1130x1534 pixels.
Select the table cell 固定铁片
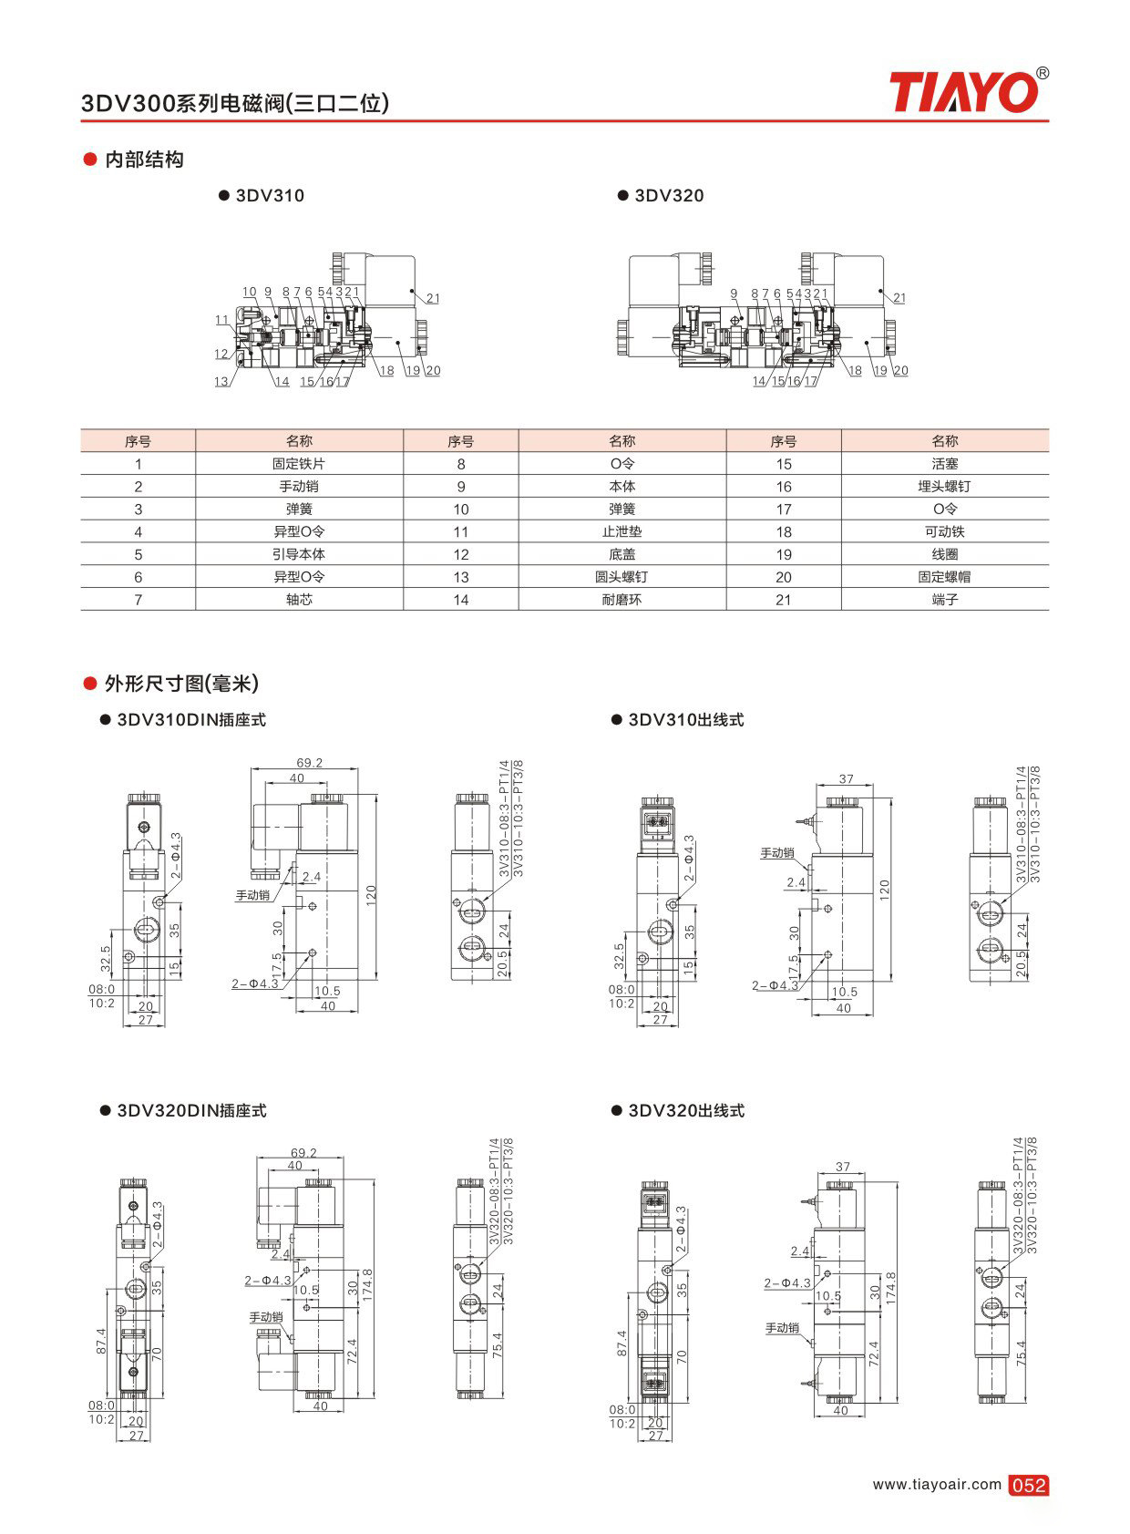pyautogui.click(x=299, y=464)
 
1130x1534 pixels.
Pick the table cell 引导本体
pyautogui.click(x=299, y=554)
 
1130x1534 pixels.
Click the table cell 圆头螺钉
pyautogui.click(x=621, y=577)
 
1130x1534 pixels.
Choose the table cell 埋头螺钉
pyautogui.click(x=944, y=486)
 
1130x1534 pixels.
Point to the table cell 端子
pyautogui.click(x=944, y=599)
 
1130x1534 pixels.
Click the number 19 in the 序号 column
pyautogui.click(x=784, y=555)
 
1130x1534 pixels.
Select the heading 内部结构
pyautogui.click(x=144, y=160)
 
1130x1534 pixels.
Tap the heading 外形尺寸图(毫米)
pyautogui.click(x=181, y=683)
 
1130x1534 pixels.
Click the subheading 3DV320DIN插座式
pyautogui.click(x=191, y=1111)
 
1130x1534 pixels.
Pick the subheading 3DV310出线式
pyautogui.click(x=685, y=720)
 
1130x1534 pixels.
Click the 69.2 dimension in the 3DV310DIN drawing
pyautogui.click(x=310, y=762)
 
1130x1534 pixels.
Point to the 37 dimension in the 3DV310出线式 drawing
pyautogui.click(x=847, y=778)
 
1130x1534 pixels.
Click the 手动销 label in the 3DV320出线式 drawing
pyautogui.click(x=782, y=1328)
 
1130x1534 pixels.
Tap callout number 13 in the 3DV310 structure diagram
pyautogui.click(x=221, y=381)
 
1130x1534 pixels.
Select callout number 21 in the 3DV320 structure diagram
pyautogui.click(x=899, y=298)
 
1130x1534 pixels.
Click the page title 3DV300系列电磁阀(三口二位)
pyautogui.click(x=235, y=103)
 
